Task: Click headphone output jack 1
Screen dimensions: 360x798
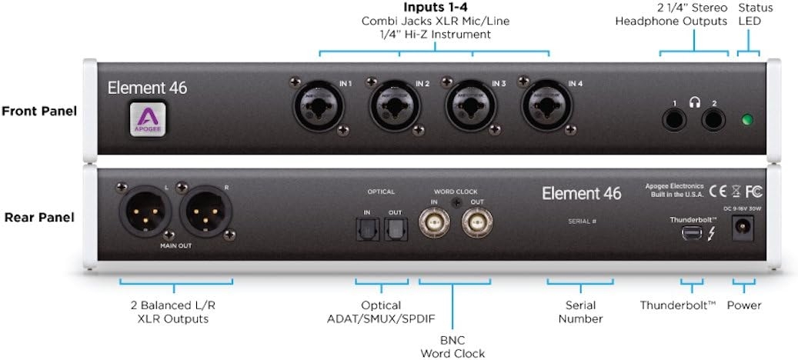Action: click(x=675, y=120)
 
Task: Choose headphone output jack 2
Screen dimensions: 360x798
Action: click(x=715, y=120)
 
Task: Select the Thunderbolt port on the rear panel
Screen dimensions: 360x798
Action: click(x=690, y=233)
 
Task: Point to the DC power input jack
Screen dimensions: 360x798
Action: click(x=744, y=226)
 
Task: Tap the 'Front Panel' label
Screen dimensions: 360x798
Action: click(x=39, y=112)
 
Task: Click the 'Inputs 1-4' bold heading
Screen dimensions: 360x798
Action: click(x=436, y=7)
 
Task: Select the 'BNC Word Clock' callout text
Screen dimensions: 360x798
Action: click(x=452, y=346)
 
